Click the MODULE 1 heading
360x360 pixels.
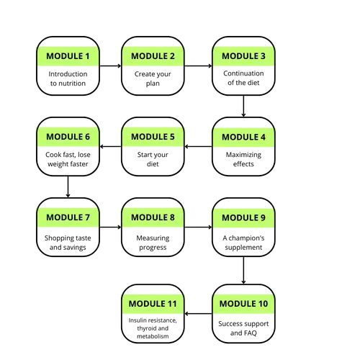click(x=68, y=56)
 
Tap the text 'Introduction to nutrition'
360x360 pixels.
click(x=68, y=78)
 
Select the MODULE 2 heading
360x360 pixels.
click(x=153, y=56)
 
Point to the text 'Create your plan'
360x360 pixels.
click(x=153, y=78)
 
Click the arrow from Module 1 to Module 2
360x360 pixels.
click(x=110, y=66)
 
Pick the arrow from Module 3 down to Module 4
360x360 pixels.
click(x=243, y=106)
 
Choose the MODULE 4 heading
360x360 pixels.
click(x=243, y=137)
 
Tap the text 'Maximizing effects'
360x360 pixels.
click(x=243, y=159)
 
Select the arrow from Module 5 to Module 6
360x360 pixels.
click(x=110, y=146)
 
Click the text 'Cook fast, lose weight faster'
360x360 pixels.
click(x=68, y=159)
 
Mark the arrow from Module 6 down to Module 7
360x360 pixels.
click(x=68, y=186)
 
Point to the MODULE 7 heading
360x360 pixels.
click(x=68, y=217)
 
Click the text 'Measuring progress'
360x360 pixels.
click(x=153, y=243)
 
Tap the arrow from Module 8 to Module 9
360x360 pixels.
click(x=198, y=227)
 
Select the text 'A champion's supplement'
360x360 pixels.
click(x=243, y=243)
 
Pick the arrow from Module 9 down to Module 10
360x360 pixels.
click(x=243, y=271)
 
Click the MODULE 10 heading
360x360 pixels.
click(x=243, y=304)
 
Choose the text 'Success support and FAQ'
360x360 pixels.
click(x=243, y=328)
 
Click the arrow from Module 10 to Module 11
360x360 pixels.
click(x=198, y=313)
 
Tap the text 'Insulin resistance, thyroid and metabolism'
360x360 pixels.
click(x=153, y=328)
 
